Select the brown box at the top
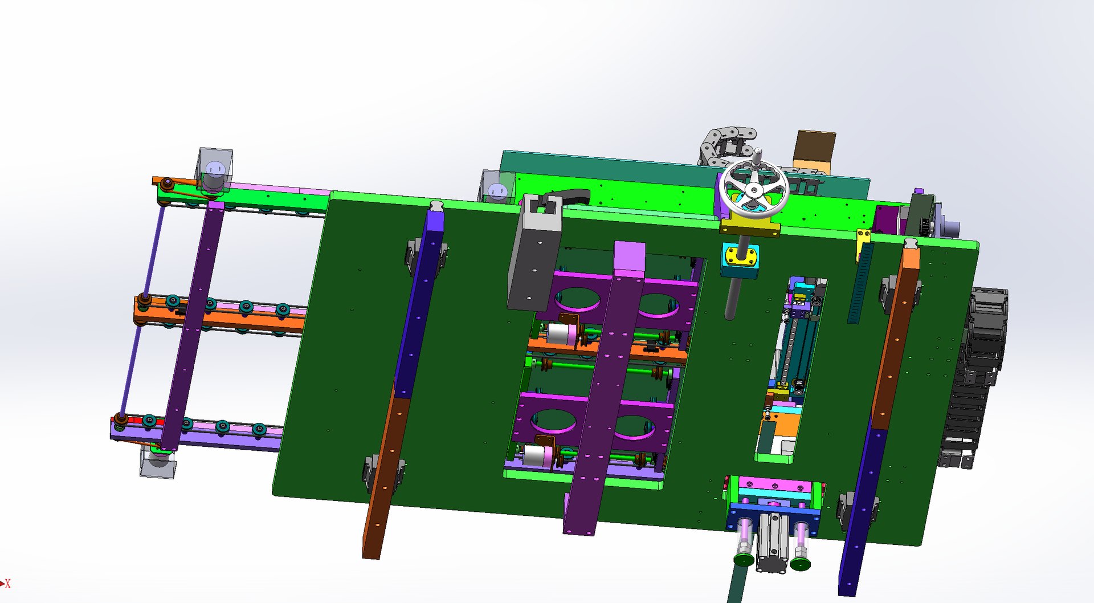(x=815, y=149)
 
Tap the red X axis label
(x=8, y=584)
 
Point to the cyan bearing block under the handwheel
(x=740, y=260)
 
